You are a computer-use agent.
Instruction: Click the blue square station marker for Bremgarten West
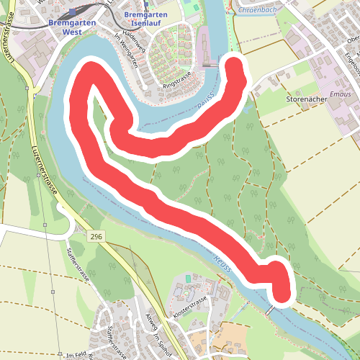pyautogui.click(x=73, y=13)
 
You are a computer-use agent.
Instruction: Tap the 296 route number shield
pyautogui.click(x=96, y=236)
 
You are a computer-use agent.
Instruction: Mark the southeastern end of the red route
pyautogui.click(x=282, y=294)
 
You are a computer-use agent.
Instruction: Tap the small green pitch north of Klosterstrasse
pyautogui.click(x=189, y=278)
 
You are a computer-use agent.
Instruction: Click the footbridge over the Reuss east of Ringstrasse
pyautogui.click(x=211, y=66)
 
